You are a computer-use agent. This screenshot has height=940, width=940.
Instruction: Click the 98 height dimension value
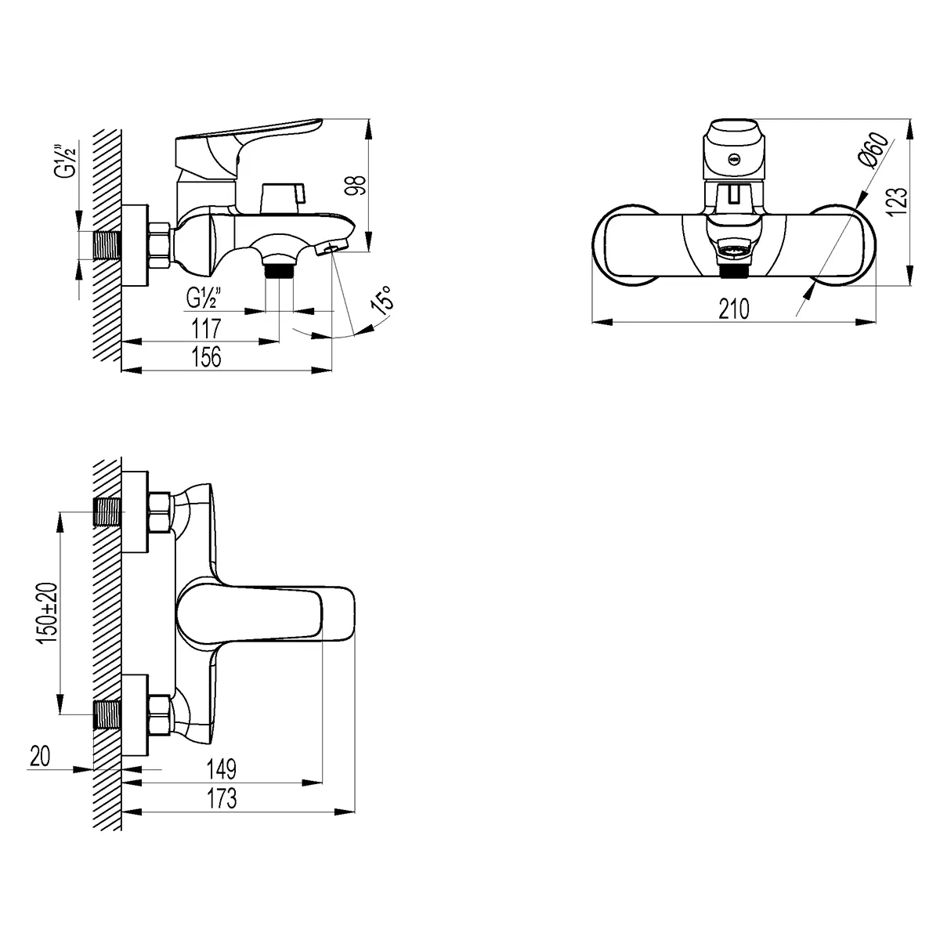tap(357, 185)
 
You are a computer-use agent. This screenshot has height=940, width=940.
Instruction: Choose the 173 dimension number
tap(221, 799)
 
